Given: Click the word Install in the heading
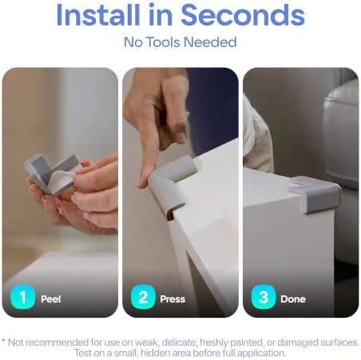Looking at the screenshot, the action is [98, 15].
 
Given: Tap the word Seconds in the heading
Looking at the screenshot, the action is [243, 15].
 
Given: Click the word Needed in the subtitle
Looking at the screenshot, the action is [210, 42].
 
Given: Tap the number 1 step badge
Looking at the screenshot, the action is [23, 297].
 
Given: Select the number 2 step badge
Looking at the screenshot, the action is [143, 297].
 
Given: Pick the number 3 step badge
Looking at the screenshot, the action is [264, 297].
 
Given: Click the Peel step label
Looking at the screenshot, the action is [51, 299].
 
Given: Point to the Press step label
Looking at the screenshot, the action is [173, 299].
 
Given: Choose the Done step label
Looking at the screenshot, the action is [293, 299].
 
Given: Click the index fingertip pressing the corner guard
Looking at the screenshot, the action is [145, 181].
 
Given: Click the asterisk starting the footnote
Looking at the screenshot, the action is [3, 341].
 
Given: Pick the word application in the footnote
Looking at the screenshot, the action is [261, 354].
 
